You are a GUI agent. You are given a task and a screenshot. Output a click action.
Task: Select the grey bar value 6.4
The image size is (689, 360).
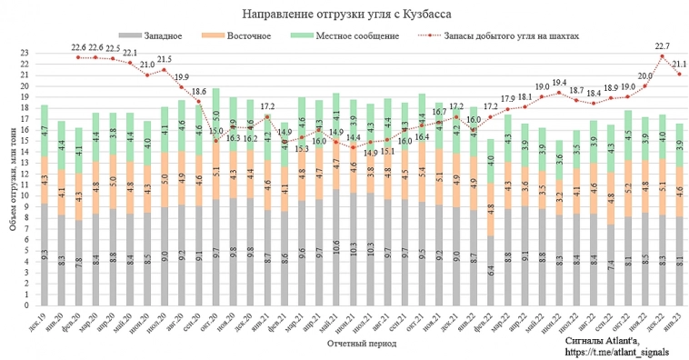pyautogui.click(x=492, y=269)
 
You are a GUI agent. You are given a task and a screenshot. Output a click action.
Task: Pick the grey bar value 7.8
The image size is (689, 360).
pyautogui.click(x=78, y=262)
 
